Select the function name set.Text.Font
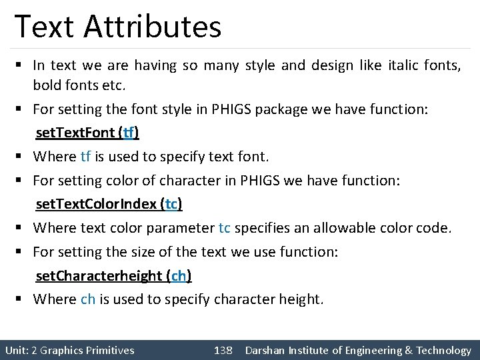pyautogui.click(x=75, y=133)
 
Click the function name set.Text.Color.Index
pyautogui.click(x=96, y=204)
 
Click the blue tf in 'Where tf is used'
pyautogui.click(x=85, y=157)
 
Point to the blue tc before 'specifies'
pyautogui.click(x=225, y=228)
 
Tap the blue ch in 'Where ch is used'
pyautogui.click(x=88, y=299)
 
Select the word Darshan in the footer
pyautogui.click(x=266, y=350)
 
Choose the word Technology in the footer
pyautogui.click(x=444, y=350)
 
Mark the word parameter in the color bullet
pyautogui.click(x=181, y=228)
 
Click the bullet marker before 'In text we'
pyautogui.click(x=21, y=65)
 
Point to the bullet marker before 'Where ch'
pyautogui.click(x=21, y=299)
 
